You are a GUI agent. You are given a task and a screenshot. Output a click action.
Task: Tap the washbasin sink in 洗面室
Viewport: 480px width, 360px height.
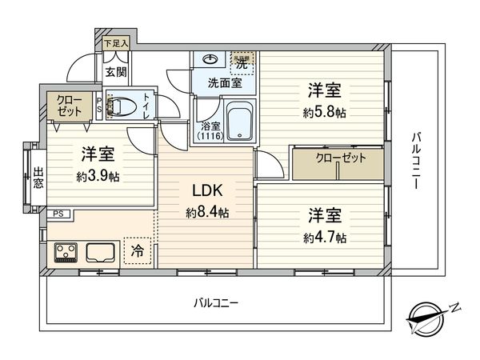[210, 60]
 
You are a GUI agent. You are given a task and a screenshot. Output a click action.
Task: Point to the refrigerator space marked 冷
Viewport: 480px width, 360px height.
[138, 250]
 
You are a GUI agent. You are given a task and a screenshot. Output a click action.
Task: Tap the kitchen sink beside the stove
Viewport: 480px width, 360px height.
[102, 254]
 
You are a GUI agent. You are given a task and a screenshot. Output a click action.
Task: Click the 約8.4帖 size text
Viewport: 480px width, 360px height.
[206, 213]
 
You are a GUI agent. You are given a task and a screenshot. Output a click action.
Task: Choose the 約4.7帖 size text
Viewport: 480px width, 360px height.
[324, 238]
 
